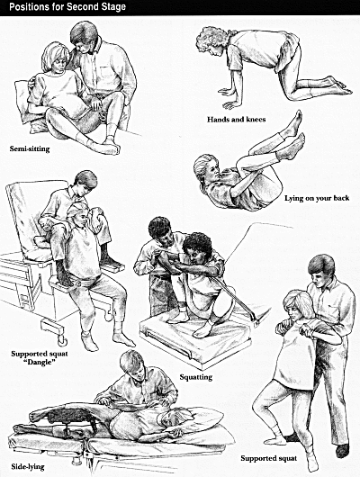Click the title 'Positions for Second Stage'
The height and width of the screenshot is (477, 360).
pos(67,7)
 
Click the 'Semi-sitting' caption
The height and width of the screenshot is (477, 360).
pos(30,148)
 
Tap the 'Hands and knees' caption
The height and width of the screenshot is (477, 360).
pos(236,120)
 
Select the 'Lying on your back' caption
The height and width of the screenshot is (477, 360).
pos(317,198)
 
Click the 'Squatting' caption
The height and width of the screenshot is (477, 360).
pos(195,377)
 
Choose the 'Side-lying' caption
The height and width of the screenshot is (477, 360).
pos(28,467)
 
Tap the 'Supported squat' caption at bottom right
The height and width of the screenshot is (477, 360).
pos(269,458)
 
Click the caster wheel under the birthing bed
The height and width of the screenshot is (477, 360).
pos(62,340)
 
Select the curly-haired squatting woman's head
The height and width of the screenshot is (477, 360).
pos(197,245)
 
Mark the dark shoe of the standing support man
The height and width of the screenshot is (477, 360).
pos(342,450)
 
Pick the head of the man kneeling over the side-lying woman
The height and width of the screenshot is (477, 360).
pos(132,365)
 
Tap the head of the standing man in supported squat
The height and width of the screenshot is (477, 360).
pos(321,270)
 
